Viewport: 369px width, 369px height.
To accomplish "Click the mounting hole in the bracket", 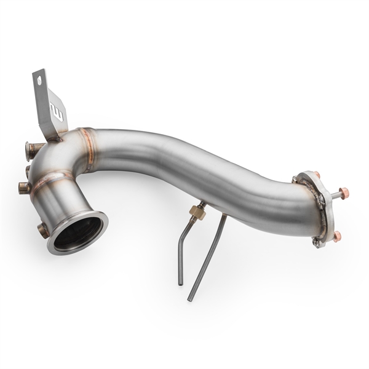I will (x=40, y=80).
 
